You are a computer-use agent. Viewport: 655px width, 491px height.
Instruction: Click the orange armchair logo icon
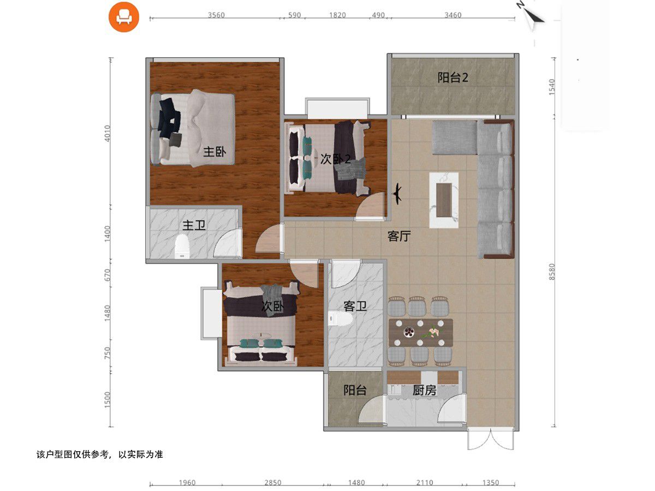(124, 17)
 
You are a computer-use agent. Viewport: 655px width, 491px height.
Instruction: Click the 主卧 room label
(215, 152)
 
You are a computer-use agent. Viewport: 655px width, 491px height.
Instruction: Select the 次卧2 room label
(335, 159)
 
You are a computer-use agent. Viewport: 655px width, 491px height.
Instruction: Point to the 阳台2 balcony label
(452, 77)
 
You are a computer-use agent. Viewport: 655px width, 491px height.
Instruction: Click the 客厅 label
(399, 236)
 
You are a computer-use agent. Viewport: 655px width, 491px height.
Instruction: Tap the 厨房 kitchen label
(424, 390)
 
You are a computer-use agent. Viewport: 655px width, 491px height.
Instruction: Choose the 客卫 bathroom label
(355, 306)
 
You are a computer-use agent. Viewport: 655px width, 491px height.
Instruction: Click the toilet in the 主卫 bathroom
(182, 247)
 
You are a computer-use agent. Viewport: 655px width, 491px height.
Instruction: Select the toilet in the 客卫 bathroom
(341, 319)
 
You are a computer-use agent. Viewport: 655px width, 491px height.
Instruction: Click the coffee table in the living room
(444, 200)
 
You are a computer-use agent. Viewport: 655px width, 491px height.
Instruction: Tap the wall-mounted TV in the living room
(397, 194)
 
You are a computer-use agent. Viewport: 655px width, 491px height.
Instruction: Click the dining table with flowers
(421, 332)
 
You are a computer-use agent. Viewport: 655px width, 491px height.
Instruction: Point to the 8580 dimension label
(552, 272)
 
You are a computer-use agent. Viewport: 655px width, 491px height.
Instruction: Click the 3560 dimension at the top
(216, 15)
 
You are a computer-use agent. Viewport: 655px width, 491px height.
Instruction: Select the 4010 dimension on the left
(107, 133)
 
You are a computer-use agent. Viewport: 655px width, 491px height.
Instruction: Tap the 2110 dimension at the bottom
(425, 483)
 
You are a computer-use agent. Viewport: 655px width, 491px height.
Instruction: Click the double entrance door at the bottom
(491, 439)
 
